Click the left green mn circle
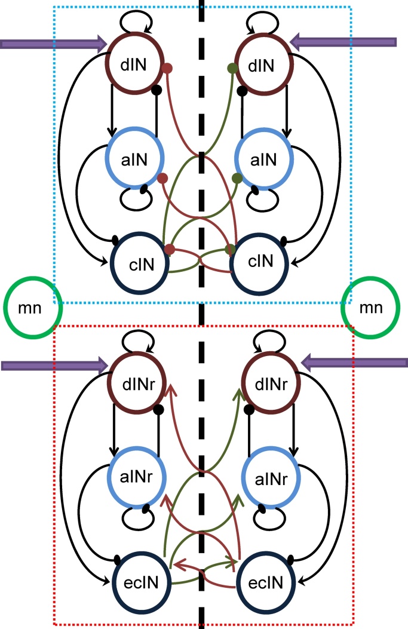point(32,309)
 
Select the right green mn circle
point(370,309)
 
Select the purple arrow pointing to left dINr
point(54,364)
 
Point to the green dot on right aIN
point(237,178)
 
